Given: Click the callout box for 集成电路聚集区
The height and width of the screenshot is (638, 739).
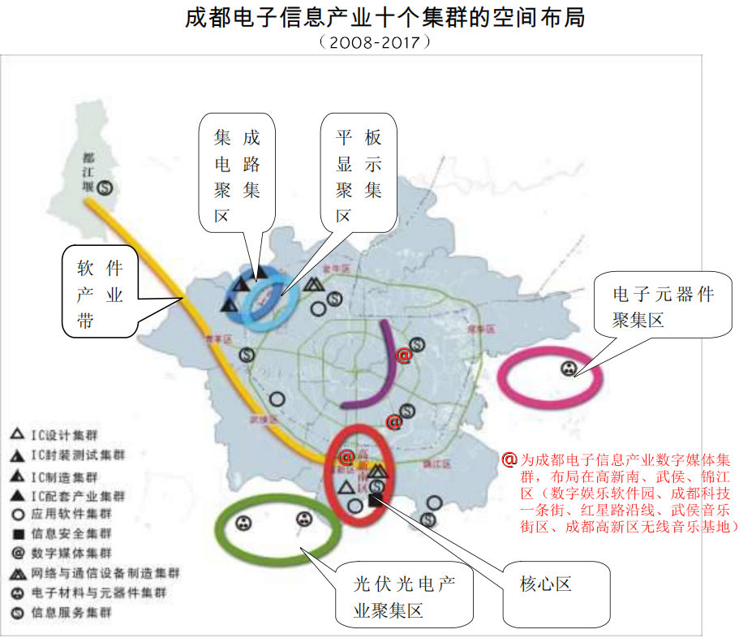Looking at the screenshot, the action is point(237,174).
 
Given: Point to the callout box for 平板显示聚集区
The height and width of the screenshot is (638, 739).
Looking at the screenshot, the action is point(359,175).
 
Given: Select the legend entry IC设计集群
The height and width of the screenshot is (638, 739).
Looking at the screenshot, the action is point(61,435).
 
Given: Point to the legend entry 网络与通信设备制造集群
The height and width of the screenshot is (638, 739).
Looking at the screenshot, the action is point(89,573).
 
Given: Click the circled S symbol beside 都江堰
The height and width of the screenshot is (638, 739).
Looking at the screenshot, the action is point(105,188).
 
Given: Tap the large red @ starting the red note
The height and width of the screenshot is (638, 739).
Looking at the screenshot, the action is point(509,459).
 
